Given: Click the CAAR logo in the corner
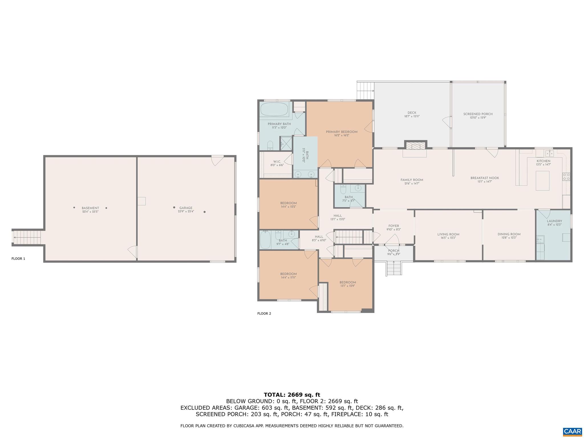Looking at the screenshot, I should (x=572, y=432).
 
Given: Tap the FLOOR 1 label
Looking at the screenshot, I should (x=18, y=259).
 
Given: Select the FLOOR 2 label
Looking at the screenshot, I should (x=264, y=313).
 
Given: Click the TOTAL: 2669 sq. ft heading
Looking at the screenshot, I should (x=292, y=395).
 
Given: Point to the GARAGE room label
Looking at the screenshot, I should (x=186, y=208).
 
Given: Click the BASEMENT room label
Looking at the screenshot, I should (x=90, y=208).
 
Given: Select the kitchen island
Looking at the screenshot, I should (x=542, y=181).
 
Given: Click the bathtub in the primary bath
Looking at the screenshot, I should (x=274, y=109).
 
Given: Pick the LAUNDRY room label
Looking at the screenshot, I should (x=554, y=221).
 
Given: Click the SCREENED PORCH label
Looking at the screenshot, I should (x=478, y=114).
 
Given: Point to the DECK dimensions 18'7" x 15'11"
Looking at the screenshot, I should (x=412, y=116).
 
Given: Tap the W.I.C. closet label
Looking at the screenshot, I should (x=277, y=162).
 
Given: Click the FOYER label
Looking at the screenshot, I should (x=394, y=226).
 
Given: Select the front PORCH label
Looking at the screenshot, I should (x=394, y=251).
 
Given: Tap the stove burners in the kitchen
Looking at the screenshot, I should (x=566, y=177).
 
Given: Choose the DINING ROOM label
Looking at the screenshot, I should (x=509, y=234).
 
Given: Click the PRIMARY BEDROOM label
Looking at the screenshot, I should (x=341, y=132).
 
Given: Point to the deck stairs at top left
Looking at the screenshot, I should (x=365, y=90).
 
